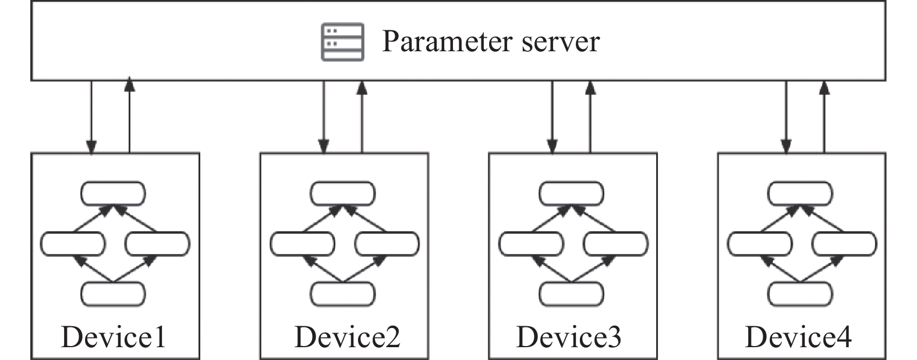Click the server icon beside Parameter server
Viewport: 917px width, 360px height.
pyautogui.click(x=343, y=41)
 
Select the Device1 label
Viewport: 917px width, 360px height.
pyautogui.click(x=114, y=337)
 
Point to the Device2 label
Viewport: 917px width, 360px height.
pyautogui.click(x=348, y=337)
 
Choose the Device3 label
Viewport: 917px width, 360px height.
pyautogui.click(x=569, y=337)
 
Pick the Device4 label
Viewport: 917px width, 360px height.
pyautogui.click(x=798, y=337)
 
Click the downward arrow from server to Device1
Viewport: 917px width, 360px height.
pyautogui.click(x=91, y=117)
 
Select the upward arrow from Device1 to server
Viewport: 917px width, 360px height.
pyautogui.click(x=129, y=117)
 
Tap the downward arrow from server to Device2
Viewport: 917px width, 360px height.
pyautogui.click(x=324, y=117)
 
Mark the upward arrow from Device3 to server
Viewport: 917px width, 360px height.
pyautogui.click(x=590, y=117)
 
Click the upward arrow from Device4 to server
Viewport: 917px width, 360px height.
pyautogui.click(x=824, y=117)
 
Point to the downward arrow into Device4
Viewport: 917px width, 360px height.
pyautogui.click(x=786, y=117)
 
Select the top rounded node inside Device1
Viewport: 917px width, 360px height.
pyautogui.click(x=113, y=193)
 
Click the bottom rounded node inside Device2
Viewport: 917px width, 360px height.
pyautogui.click(x=343, y=294)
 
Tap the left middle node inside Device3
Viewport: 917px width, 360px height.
pyautogui.click(x=531, y=243)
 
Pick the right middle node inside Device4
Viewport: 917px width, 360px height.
pyautogui.click(x=844, y=243)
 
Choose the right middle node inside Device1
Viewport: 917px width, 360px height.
pyautogui.click(x=157, y=243)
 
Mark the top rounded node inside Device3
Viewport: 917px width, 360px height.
pyautogui.click(x=571, y=193)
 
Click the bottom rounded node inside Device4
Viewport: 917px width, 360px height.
pyautogui.click(x=801, y=294)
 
